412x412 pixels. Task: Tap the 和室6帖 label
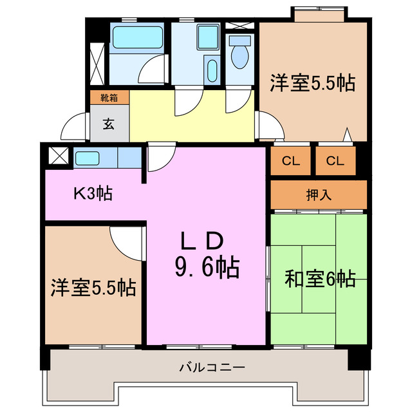pos(319,279)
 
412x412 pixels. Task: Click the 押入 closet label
pos(319,194)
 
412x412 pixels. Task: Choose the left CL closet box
pos(290,162)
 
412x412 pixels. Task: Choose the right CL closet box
pos(335,162)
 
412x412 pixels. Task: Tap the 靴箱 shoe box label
pos(109,98)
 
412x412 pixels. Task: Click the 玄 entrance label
pos(109,124)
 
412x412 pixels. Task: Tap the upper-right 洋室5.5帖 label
pos(313,83)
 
